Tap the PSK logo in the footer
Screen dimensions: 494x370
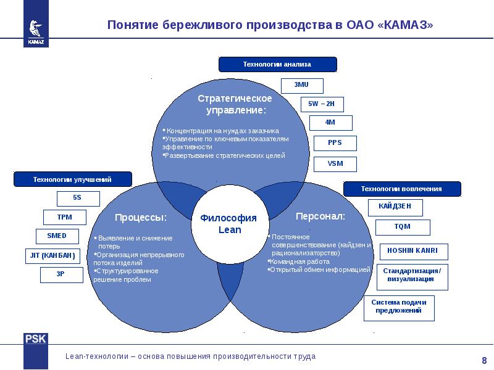[36, 339]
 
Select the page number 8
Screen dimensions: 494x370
[484, 360]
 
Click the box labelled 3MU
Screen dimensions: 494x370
[302, 86]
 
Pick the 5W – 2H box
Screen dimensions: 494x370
[322, 104]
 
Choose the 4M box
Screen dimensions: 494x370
[330, 123]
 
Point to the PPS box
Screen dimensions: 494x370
[335, 143]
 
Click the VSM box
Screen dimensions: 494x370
[335, 164]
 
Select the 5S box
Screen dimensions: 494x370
[78, 199]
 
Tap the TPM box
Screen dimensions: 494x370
[65, 217]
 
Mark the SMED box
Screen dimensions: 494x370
[57, 236]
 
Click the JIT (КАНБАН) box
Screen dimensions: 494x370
[52, 256]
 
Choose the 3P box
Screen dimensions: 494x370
[61, 274]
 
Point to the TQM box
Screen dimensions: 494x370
[403, 227]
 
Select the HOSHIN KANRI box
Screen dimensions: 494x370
[414, 252]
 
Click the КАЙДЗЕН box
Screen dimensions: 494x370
[395, 208]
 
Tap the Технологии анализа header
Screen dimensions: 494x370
[277, 65]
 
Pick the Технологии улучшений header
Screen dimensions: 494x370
[72, 179]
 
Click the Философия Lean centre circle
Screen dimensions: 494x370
[230, 224]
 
